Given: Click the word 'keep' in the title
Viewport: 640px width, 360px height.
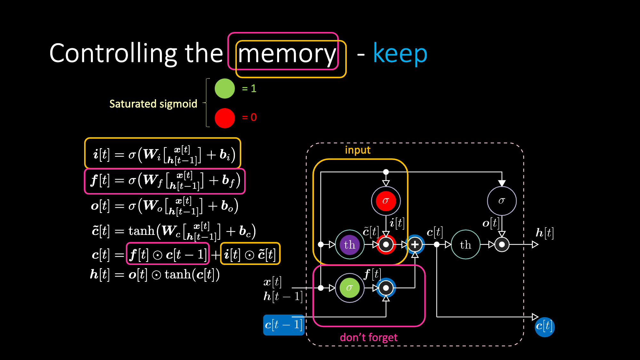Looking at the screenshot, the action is tap(400, 53).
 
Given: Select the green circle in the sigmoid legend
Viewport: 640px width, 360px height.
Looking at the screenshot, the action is tap(225, 89).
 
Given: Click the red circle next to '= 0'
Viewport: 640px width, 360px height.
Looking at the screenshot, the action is tap(225, 118).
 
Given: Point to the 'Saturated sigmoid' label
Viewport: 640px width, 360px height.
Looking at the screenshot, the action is tap(153, 104).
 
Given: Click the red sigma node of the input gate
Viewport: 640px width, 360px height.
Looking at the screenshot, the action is tap(386, 201).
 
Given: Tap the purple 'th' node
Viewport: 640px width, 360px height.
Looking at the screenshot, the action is tap(349, 245).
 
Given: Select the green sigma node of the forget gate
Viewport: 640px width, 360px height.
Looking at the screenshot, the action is tap(349, 288).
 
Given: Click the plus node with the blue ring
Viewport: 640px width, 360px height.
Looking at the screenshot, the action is tap(415, 244).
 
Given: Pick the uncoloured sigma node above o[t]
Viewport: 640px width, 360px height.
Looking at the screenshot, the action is tap(502, 201).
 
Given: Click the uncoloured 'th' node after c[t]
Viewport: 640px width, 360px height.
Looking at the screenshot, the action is tap(466, 245).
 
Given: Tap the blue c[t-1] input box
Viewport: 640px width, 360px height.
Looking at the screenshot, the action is tap(284, 325).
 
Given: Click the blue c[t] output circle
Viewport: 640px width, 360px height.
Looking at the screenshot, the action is tap(545, 327).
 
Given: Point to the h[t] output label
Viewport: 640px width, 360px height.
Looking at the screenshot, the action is tap(545, 233).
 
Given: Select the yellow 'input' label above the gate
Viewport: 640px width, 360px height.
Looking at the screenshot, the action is tap(358, 150).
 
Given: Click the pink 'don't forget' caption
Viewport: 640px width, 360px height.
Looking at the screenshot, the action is tap(369, 337).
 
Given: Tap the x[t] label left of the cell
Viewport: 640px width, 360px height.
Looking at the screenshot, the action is tap(272, 282).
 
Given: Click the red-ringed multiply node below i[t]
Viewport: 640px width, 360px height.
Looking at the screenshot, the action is tap(386, 244).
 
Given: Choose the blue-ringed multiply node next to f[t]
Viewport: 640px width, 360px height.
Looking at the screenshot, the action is tap(386, 288).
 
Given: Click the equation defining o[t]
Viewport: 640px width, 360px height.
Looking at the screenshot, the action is tap(164, 206).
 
